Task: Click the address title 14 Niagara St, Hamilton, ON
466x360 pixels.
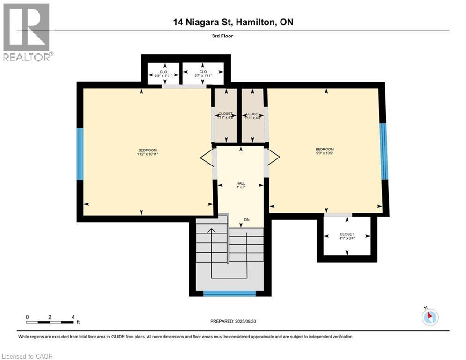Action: point(233,22)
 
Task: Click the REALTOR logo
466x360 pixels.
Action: point(27,32)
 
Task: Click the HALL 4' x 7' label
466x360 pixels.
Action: point(241,185)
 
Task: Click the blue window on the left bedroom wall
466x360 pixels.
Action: point(80,154)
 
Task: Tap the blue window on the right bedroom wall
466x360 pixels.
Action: point(384,151)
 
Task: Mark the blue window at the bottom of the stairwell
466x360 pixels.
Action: point(229,293)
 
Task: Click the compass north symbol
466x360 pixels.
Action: point(429,316)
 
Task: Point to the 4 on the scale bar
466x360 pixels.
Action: point(73,317)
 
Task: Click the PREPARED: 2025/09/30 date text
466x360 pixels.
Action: point(233,321)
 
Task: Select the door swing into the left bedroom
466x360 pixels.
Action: point(207,158)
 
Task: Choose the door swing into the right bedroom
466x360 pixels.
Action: point(274,157)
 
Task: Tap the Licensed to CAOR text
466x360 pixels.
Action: point(28,356)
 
